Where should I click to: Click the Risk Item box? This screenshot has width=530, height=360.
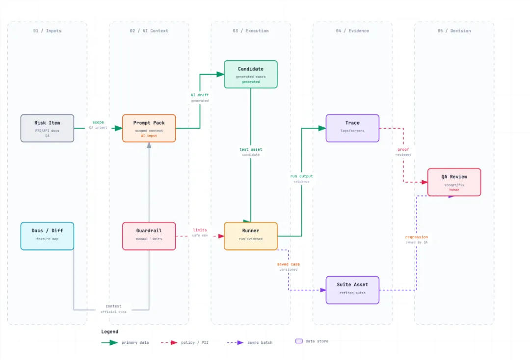[47, 128]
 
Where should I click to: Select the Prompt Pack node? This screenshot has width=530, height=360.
[149, 128]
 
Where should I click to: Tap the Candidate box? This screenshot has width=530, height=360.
[251, 75]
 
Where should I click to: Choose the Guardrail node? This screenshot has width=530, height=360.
[149, 236]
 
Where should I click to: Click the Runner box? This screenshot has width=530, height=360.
[251, 236]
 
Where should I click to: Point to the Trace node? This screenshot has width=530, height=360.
[352, 128]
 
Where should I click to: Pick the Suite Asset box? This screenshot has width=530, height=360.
[352, 290]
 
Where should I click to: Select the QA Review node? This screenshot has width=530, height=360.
[454, 182]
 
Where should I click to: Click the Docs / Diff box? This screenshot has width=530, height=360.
[47, 236]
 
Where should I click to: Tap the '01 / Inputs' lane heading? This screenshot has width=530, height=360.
[47, 31]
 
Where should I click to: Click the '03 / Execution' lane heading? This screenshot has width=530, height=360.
[251, 31]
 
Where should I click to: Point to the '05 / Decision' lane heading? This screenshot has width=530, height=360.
[454, 31]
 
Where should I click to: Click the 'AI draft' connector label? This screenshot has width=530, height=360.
[200, 95]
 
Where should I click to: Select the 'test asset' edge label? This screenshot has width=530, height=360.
[251, 149]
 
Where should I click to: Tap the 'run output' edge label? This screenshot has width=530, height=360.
[301, 176]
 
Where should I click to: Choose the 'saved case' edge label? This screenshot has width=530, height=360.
[289, 264]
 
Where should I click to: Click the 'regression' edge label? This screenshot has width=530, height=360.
[417, 237]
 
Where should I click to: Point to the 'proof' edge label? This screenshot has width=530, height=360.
[403, 149]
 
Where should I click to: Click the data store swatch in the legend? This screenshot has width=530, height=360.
[299, 341]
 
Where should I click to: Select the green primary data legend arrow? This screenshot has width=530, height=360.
[109, 343]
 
